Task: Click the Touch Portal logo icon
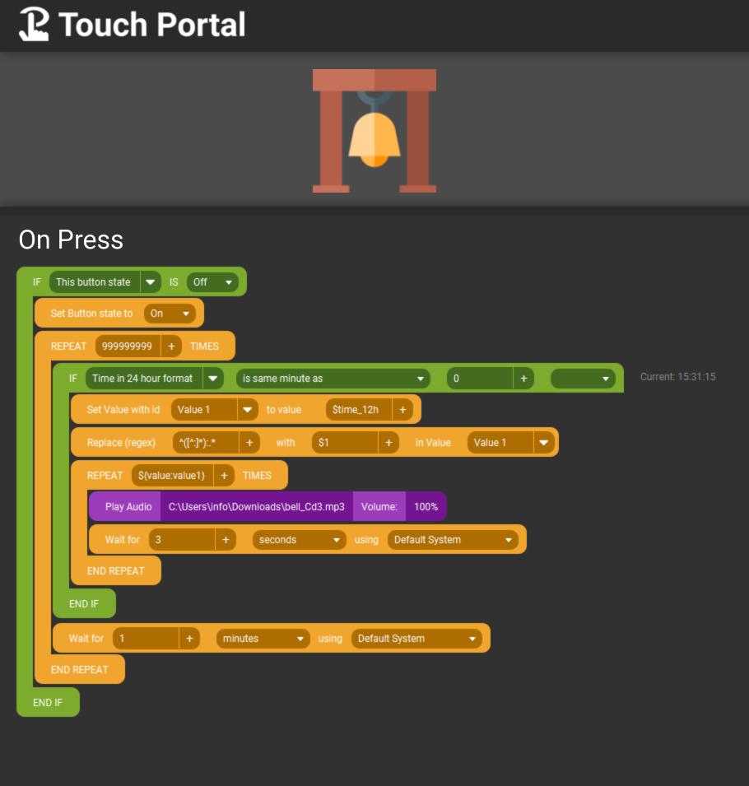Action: tap(34, 25)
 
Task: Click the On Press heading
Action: tap(71, 240)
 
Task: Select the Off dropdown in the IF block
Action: tap(212, 282)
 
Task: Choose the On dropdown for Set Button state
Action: tap(170, 314)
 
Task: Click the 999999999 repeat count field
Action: tap(127, 346)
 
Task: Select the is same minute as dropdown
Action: tap(333, 379)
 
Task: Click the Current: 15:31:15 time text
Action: tap(677, 377)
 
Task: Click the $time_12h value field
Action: tap(360, 410)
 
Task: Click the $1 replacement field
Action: tap(346, 443)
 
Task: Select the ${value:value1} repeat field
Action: tap(172, 475)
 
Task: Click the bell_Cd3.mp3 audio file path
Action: tap(256, 507)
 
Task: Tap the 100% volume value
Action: tap(426, 507)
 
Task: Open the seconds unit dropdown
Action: tap(299, 540)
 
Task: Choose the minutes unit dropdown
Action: tap(263, 639)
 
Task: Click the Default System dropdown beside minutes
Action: tap(416, 639)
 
